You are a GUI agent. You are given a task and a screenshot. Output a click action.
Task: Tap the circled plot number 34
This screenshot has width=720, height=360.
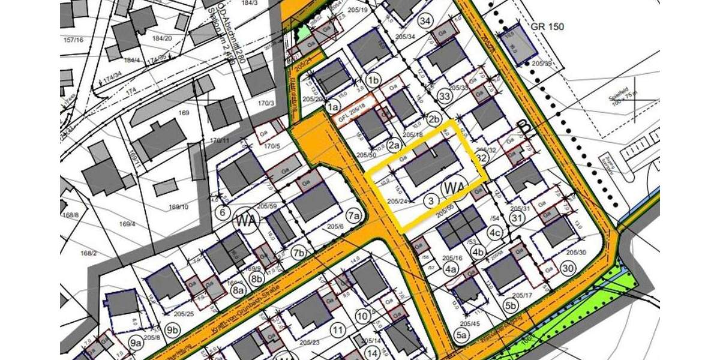[x=426, y=22]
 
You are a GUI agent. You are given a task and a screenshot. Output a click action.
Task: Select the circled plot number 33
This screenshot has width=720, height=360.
[x=445, y=96]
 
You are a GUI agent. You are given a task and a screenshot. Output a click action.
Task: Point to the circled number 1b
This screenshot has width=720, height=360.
[x=374, y=80]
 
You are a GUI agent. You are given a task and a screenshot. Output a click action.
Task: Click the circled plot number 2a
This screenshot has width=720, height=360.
[x=394, y=145]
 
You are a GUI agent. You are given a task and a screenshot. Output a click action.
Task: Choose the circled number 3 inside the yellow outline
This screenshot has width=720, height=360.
[x=430, y=200]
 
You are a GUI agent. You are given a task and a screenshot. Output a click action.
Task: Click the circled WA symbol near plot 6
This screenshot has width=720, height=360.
[x=248, y=220]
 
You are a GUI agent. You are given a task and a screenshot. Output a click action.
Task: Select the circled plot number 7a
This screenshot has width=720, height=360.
[x=354, y=215]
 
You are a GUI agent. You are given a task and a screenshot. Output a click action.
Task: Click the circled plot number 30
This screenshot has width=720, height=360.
[x=568, y=268]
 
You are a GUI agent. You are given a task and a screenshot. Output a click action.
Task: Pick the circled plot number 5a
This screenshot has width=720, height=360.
[x=462, y=336]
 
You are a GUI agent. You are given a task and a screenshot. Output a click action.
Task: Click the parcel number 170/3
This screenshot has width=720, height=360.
[x=265, y=103]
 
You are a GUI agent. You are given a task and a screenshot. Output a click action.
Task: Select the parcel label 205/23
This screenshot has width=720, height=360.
[x=310, y=342]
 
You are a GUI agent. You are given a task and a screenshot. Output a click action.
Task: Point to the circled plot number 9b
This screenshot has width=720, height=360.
[x=173, y=329]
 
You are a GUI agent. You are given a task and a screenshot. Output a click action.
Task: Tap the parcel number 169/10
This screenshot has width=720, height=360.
[x=179, y=207]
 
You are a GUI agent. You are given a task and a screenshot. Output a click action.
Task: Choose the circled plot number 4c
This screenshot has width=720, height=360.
[x=494, y=233]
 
